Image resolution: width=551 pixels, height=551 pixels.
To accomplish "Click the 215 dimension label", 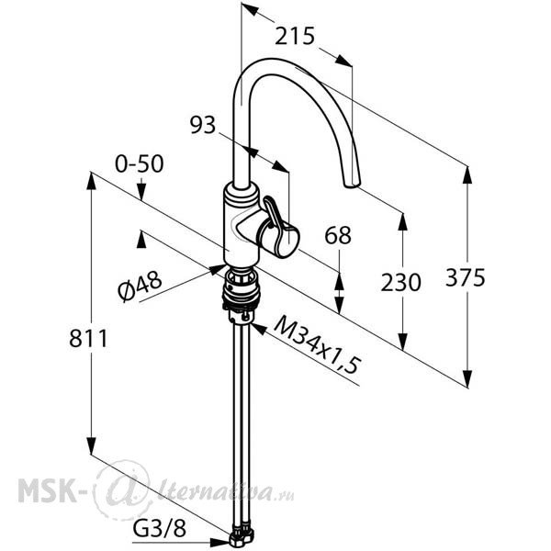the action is [294, 36].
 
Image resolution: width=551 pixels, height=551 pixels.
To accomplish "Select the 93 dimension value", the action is [203, 125].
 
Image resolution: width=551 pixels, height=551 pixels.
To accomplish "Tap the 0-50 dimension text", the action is [140, 163].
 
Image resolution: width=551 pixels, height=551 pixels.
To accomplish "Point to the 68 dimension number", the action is [338, 235].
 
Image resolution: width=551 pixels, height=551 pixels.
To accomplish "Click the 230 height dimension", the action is [400, 283].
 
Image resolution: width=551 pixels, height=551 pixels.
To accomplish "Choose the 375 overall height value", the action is [466, 277].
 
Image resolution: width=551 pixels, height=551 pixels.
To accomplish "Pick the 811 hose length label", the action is [88, 339].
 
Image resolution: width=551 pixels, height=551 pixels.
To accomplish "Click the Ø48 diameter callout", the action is [140, 286].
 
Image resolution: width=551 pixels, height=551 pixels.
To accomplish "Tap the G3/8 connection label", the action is [159, 528].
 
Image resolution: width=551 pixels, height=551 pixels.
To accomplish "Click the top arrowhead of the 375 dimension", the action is [467, 174].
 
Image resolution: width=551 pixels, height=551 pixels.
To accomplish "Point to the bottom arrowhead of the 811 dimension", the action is [91, 445].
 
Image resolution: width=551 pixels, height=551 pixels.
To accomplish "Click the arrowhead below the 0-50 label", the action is [141, 192].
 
